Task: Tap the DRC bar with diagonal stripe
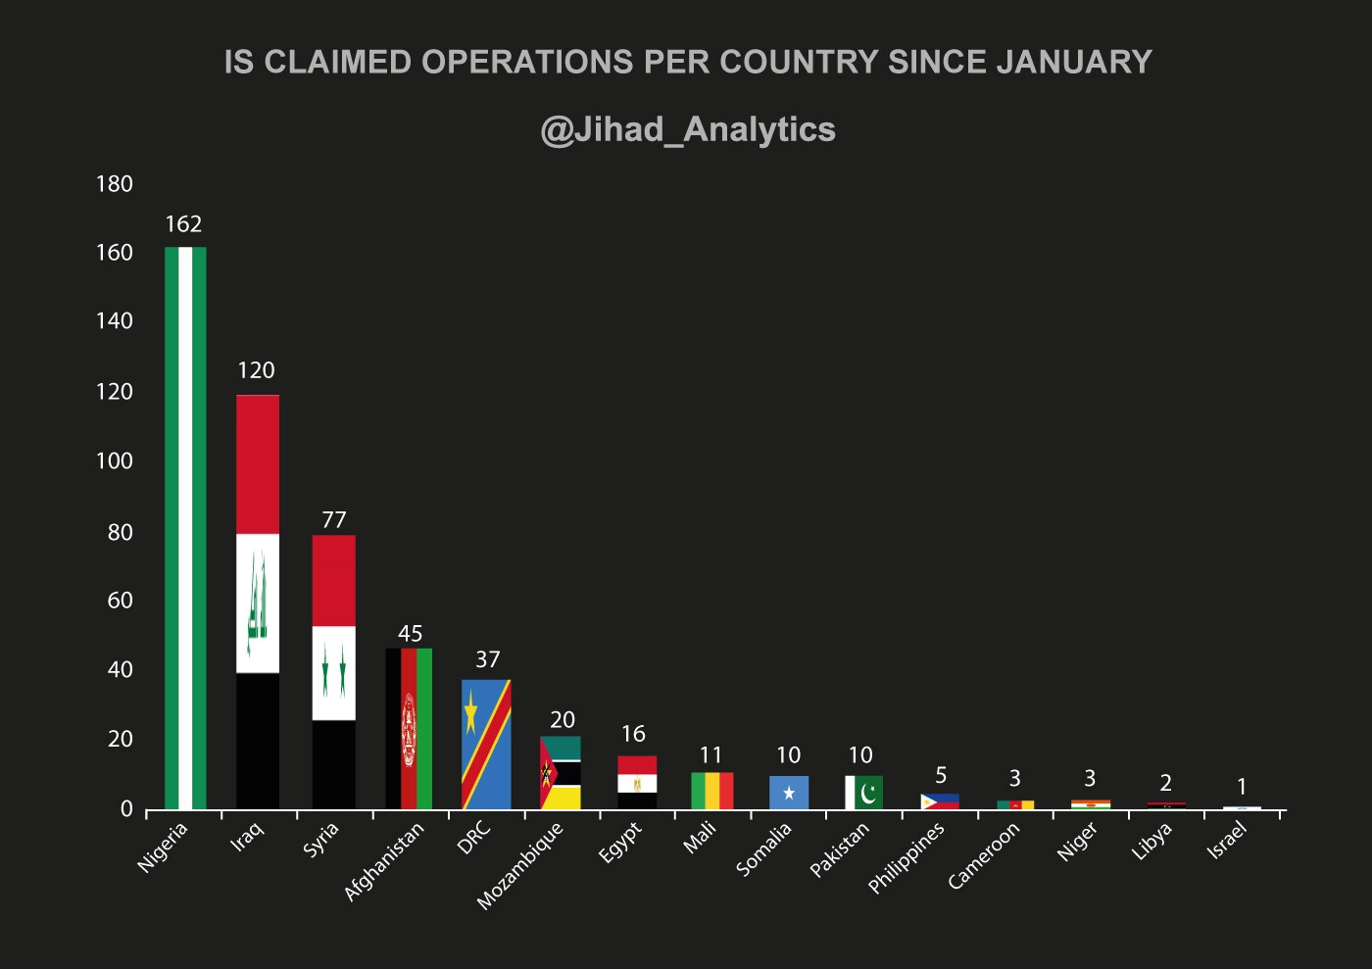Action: [x=486, y=744]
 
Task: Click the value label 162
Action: [x=183, y=224]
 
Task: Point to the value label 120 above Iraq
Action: [x=256, y=370]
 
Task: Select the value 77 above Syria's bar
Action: [x=333, y=520]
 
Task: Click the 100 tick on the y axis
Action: [x=115, y=461]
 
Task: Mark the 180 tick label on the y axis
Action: [x=115, y=184]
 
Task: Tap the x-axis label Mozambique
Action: [x=520, y=865]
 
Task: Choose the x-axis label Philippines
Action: [x=906, y=857]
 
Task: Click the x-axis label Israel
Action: [x=1227, y=841]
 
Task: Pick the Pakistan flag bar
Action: [x=863, y=792]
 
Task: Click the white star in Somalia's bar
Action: [x=789, y=793]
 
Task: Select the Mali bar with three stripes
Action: [x=711, y=790]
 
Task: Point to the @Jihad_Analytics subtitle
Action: [x=687, y=129]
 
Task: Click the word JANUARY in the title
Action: [x=1074, y=62]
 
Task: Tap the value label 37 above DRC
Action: [x=487, y=659]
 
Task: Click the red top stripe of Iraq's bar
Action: [x=258, y=463]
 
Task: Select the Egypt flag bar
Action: [x=636, y=782]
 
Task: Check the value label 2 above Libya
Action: [x=1165, y=783]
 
